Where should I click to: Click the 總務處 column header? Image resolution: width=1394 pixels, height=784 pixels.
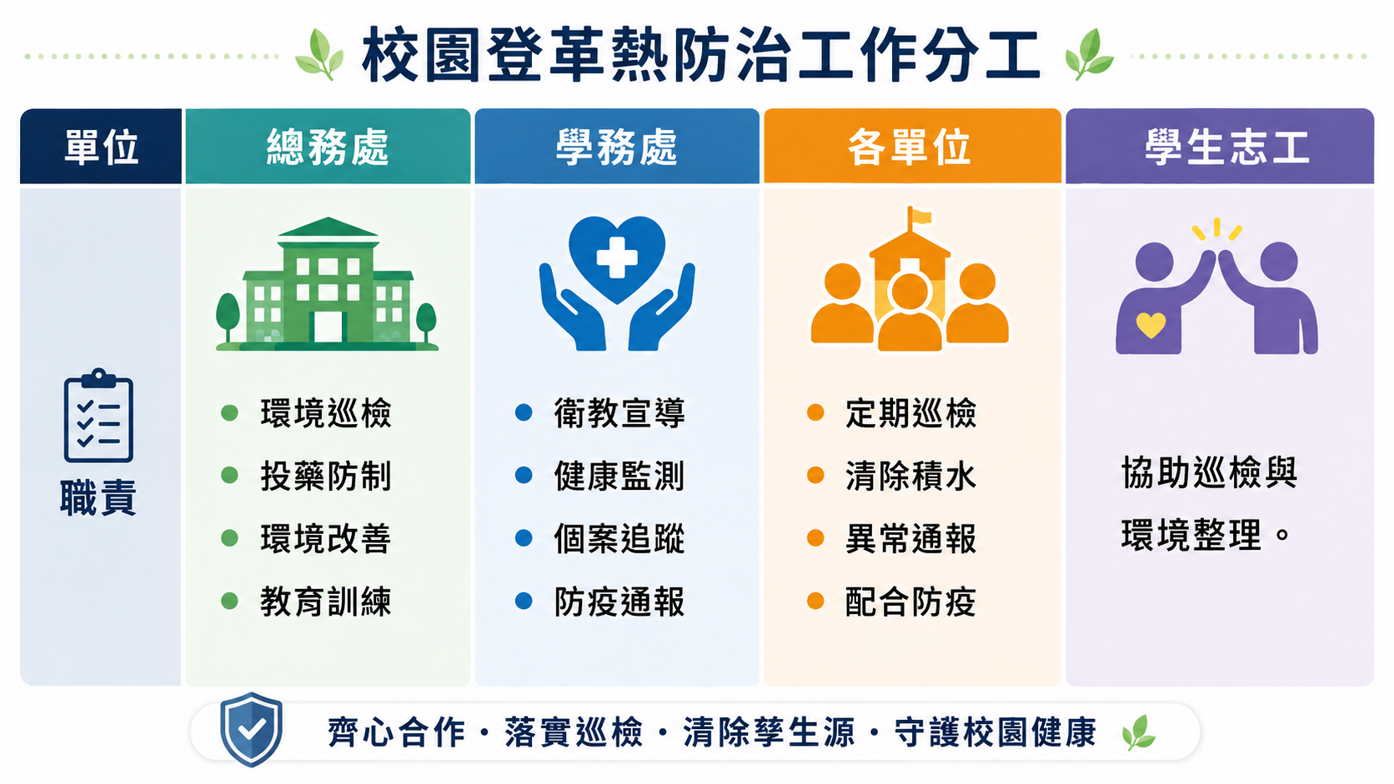click(328, 146)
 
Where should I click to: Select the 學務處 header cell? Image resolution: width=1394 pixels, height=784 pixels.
click(617, 146)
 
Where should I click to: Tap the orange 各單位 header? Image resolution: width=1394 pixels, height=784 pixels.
click(912, 146)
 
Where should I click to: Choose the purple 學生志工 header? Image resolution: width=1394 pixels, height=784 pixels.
click(1220, 146)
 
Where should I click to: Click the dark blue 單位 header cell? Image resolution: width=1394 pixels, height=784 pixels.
click(101, 146)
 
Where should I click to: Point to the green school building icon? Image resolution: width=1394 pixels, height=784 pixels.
click(328, 284)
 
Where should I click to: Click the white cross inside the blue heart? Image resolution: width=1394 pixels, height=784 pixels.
click(617, 257)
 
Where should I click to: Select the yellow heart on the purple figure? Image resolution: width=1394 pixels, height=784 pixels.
click(1151, 325)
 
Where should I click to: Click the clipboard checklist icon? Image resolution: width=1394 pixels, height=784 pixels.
click(98, 415)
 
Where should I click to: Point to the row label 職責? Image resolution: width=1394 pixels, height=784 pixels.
click(98, 498)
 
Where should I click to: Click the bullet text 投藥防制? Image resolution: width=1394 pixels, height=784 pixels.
click(326, 477)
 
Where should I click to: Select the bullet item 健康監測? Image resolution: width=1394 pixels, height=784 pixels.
click(619, 477)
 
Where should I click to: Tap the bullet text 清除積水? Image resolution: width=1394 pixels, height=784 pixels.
click(911, 477)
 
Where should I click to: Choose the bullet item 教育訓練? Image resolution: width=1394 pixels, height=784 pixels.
click(326, 602)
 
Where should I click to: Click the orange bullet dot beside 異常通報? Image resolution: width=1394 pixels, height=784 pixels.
click(815, 537)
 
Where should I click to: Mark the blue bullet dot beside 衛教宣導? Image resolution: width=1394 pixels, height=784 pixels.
click(524, 412)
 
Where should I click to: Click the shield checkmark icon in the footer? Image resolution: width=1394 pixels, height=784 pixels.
click(252, 729)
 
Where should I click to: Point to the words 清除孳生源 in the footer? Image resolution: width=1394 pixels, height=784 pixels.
click(770, 732)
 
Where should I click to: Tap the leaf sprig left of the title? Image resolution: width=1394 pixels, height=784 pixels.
click(320, 55)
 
